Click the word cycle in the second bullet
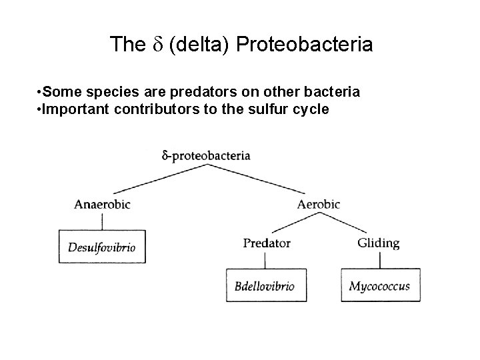click(x=309, y=109)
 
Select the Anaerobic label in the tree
click(x=103, y=204)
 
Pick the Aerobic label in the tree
click(x=319, y=204)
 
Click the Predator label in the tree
click(x=267, y=243)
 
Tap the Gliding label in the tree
click(x=378, y=243)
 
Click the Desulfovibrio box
click(x=102, y=247)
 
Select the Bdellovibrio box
click(x=265, y=287)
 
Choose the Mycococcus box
click(x=380, y=287)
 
